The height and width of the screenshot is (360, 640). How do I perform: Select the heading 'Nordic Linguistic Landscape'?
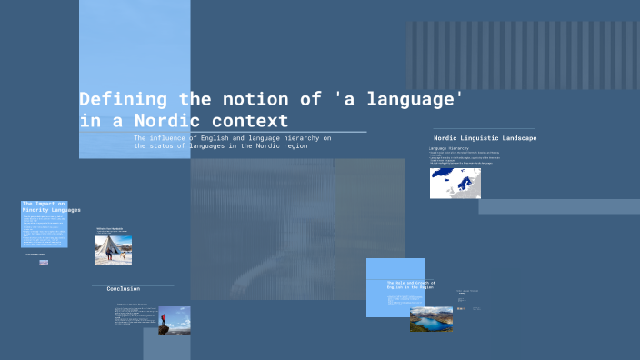coord(485,138)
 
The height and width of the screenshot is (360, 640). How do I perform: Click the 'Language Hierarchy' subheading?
coord(449,148)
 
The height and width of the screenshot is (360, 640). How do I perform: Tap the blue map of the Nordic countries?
coord(455,183)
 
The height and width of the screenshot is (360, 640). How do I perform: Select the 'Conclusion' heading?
coord(124,289)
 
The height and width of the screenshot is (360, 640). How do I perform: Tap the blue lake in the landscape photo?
coord(431,318)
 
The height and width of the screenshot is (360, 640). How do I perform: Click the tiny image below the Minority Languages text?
coord(44,263)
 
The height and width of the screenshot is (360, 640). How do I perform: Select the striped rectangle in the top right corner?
coord(523,44)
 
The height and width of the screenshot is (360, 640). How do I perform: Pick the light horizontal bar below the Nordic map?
coord(559,206)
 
